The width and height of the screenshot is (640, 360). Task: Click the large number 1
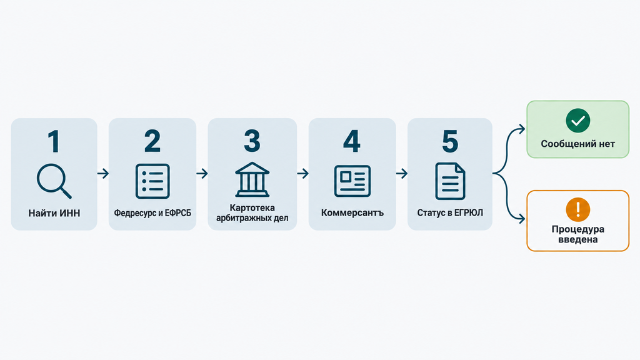pyautogui.click(x=54, y=141)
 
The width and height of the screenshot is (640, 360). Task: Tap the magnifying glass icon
pyautogui.click(x=54, y=181)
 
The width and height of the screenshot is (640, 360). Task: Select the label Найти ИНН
pyautogui.click(x=54, y=213)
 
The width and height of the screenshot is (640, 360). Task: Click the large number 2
pyautogui.click(x=152, y=141)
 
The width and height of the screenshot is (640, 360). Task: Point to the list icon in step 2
pyautogui.click(x=152, y=181)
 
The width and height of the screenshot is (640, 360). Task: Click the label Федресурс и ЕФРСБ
pyautogui.click(x=152, y=213)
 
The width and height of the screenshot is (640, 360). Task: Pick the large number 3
pyautogui.click(x=252, y=141)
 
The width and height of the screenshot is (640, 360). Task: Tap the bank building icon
pyautogui.click(x=252, y=180)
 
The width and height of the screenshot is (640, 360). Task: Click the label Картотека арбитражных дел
pyautogui.click(x=252, y=213)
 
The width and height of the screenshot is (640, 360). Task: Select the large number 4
pyautogui.click(x=352, y=141)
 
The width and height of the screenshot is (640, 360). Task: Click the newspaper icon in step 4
pyautogui.click(x=352, y=181)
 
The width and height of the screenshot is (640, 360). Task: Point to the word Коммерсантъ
pyautogui.click(x=352, y=212)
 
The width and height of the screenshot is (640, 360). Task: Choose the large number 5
pyautogui.click(x=450, y=141)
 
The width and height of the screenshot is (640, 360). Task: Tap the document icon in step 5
pyautogui.click(x=450, y=181)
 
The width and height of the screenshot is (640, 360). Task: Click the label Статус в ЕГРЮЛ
pyautogui.click(x=450, y=212)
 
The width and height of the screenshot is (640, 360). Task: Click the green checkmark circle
pyautogui.click(x=578, y=121)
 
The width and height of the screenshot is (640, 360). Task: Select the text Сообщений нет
pyautogui.click(x=578, y=144)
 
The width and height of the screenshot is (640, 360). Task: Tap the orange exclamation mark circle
pyautogui.click(x=578, y=209)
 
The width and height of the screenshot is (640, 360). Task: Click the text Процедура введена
pyautogui.click(x=578, y=234)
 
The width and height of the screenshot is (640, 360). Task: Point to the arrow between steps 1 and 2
pyautogui.click(x=103, y=174)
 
